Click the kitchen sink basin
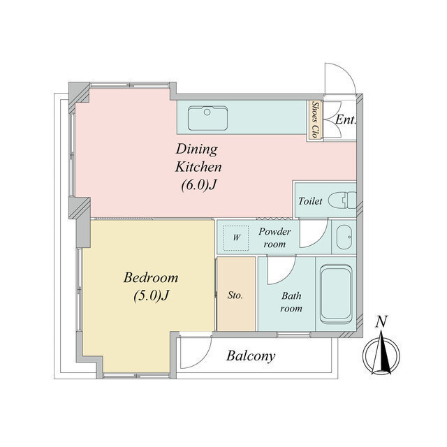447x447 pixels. coord(207,118)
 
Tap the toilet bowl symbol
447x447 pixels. coord(342,200)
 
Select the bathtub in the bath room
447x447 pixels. coord(336,294)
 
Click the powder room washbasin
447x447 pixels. coord(344,237)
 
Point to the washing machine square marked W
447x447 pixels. coord(236,238)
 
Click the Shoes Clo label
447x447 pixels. coord(315,119)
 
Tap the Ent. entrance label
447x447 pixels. coord(346,119)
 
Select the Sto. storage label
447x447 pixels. coord(235,295)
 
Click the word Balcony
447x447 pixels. coord(251,356)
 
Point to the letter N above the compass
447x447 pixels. coord(381,321)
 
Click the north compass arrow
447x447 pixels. coord(381,353)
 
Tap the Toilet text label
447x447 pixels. coord(310,201)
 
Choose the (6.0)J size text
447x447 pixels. coord(198,185)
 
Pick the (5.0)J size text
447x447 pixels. coord(152,295)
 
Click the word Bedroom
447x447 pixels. coord(151,277)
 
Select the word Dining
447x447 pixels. coord(197,149)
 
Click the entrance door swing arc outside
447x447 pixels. coord(346,70)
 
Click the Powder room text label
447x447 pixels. coord(274,237)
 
